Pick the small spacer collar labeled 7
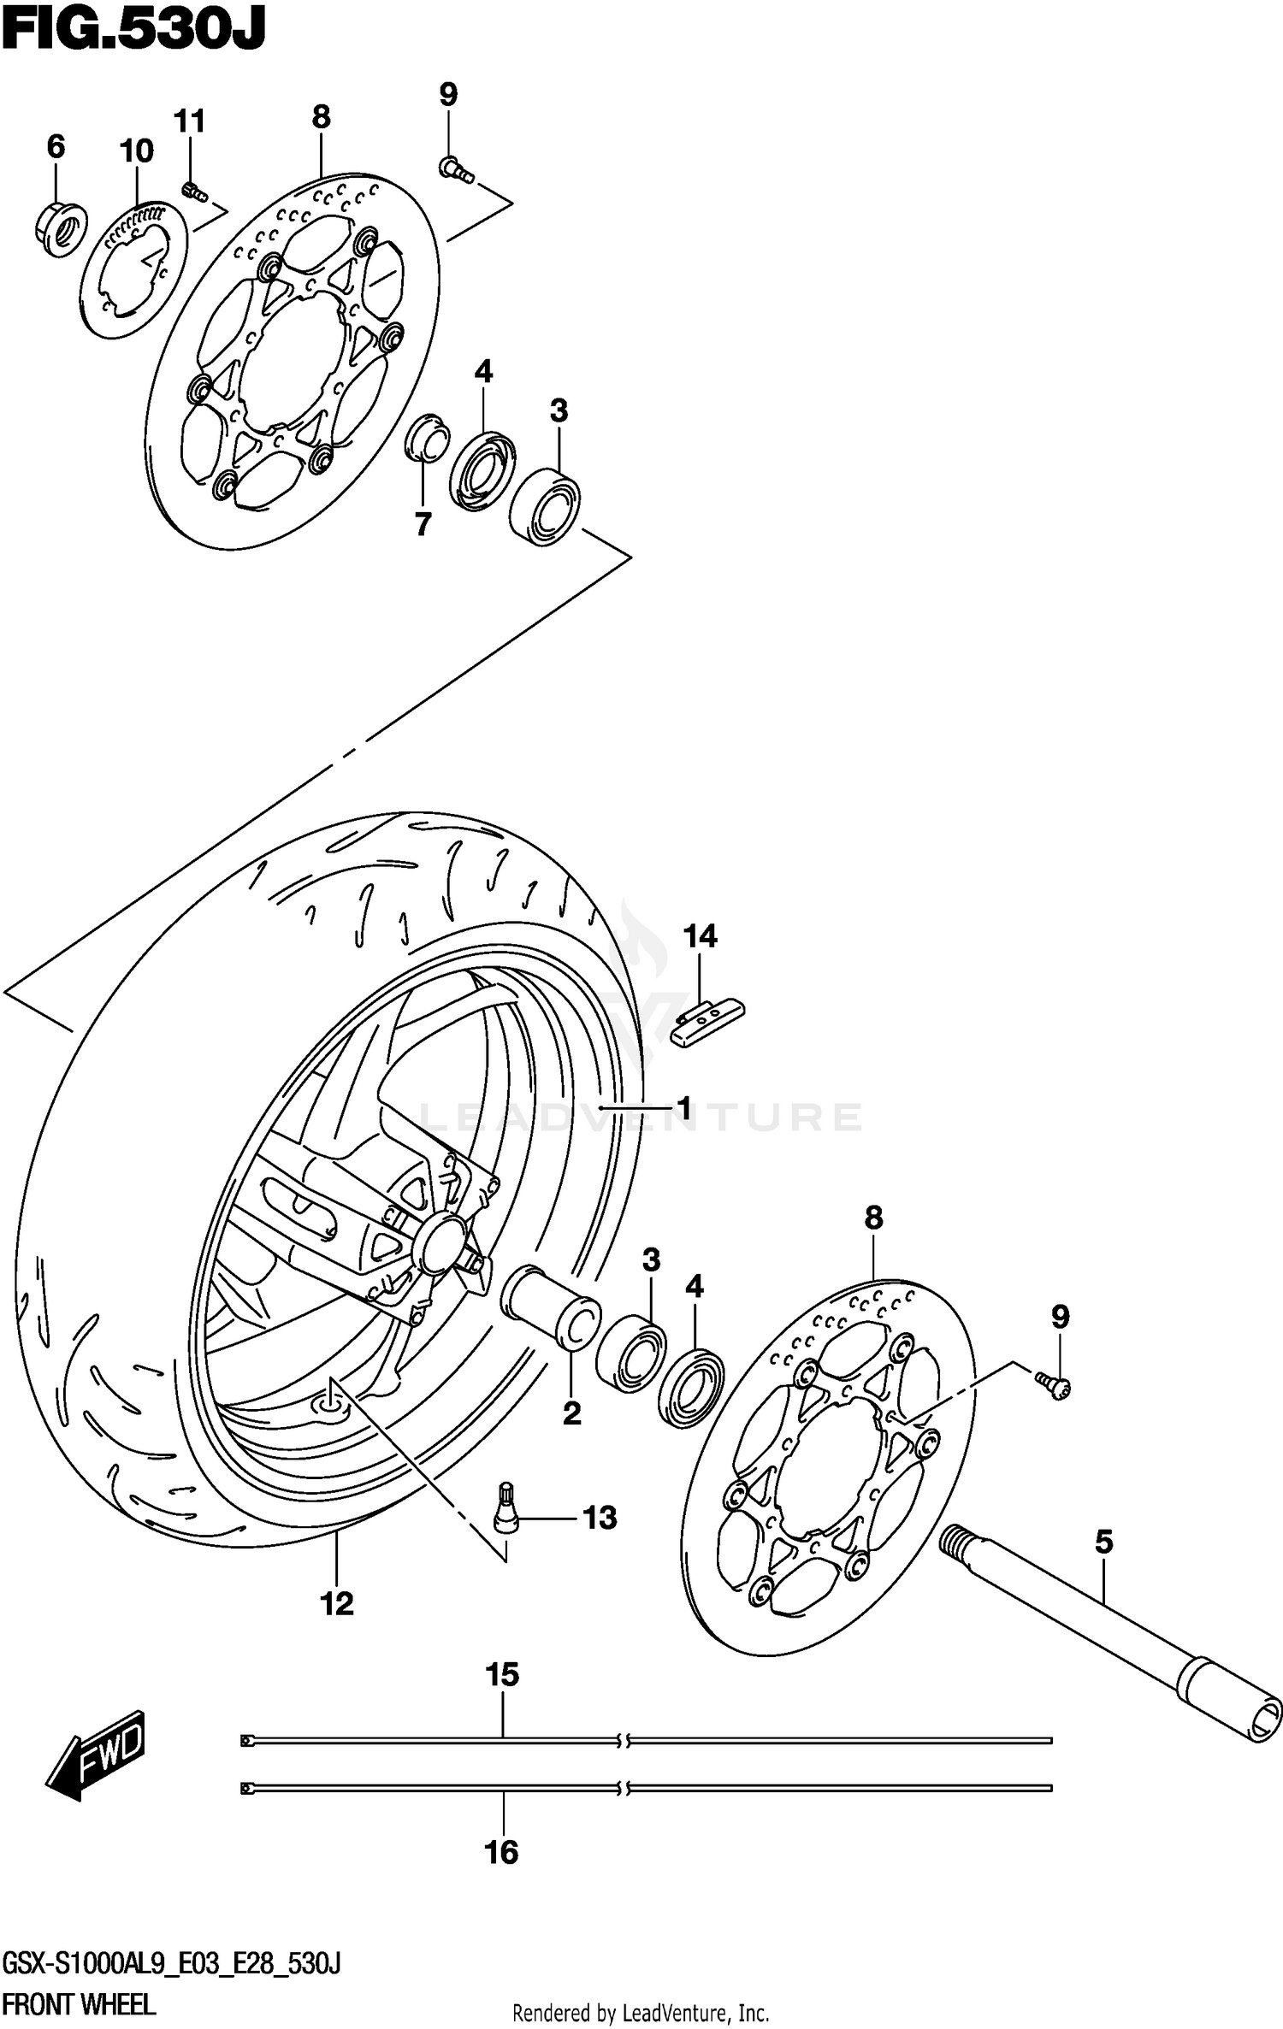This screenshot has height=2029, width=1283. click(426, 438)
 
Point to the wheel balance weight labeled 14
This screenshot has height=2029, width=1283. click(707, 1023)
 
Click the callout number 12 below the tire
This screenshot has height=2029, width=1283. click(337, 1604)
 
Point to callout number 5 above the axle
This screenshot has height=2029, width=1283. click(1103, 1542)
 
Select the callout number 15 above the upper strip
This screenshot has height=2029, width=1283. click(502, 1674)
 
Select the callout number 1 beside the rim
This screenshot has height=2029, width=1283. click(683, 1109)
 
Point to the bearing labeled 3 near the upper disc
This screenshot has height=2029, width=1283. click(545, 506)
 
